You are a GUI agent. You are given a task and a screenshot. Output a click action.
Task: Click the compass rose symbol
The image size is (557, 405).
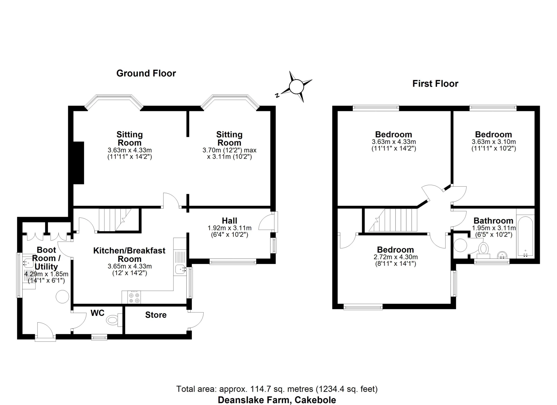(x=296, y=87)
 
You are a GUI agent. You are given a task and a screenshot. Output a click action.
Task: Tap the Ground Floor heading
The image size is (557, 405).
(x=146, y=73)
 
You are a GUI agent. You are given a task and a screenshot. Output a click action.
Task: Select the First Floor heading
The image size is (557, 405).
(x=435, y=84)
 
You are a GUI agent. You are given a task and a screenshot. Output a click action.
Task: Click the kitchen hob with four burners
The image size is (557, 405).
(x=134, y=297)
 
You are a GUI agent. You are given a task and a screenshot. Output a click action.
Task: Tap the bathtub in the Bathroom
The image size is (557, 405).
(x=525, y=236)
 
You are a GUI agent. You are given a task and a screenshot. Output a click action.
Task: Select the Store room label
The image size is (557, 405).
(x=156, y=315)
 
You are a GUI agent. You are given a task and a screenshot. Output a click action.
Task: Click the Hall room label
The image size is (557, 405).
(x=229, y=221)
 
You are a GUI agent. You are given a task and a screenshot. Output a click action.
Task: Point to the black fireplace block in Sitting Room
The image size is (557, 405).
(x=78, y=163)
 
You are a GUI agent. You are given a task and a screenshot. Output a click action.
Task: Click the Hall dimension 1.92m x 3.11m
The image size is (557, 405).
(x=229, y=228)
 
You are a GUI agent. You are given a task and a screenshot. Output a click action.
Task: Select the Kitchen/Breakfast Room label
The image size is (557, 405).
(x=129, y=255)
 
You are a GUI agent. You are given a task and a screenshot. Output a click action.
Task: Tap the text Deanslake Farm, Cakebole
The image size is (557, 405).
(x=277, y=400)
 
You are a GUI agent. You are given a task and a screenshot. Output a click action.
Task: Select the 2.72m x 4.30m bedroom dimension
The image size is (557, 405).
(x=395, y=257)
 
